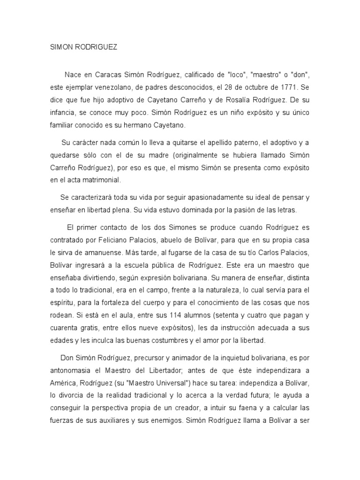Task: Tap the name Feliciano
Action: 106,240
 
